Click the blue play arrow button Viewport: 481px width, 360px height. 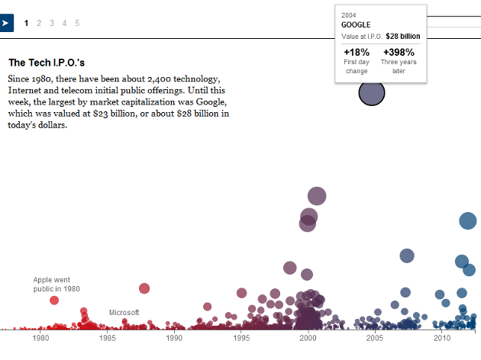6,23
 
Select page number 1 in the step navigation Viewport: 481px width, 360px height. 27,23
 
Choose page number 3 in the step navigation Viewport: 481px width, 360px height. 52,23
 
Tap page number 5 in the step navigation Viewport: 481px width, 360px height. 77,23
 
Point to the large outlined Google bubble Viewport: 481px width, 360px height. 372,93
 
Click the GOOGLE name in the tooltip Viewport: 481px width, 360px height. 356,25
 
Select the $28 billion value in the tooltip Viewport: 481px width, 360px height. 402,36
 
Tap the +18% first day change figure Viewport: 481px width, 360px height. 357,53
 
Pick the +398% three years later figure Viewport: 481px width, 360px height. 399,53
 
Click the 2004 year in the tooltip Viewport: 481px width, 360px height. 349,14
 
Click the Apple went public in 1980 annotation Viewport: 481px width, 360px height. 56,284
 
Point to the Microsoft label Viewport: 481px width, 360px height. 124,313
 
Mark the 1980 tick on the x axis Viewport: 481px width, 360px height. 40,338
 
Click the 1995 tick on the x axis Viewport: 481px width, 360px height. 241,338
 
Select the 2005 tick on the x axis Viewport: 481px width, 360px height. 375,338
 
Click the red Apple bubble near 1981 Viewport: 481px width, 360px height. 54,301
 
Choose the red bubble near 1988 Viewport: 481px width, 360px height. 144,288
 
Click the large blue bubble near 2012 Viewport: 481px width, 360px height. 468,221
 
